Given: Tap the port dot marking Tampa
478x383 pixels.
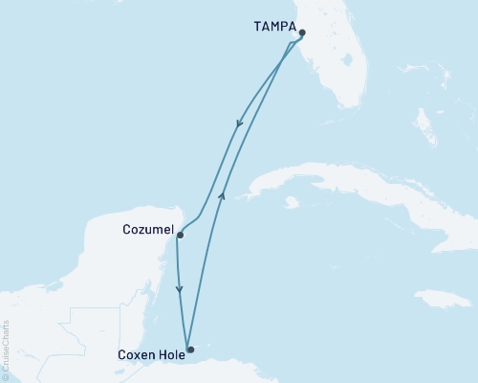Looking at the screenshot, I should (x=302, y=33).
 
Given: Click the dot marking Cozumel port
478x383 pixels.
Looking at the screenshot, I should (x=180, y=235).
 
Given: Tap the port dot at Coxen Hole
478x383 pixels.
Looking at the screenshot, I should (x=190, y=349).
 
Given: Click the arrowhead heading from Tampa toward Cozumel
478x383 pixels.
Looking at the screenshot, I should (x=239, y=122).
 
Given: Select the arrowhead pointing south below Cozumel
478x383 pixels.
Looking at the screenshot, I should (x=180, y=289).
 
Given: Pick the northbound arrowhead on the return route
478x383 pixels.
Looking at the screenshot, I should (x=222, y=195).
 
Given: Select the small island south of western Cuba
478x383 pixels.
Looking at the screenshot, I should (x=291, y=202).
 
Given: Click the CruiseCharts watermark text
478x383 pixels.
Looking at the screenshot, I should (x=6, y=350).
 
